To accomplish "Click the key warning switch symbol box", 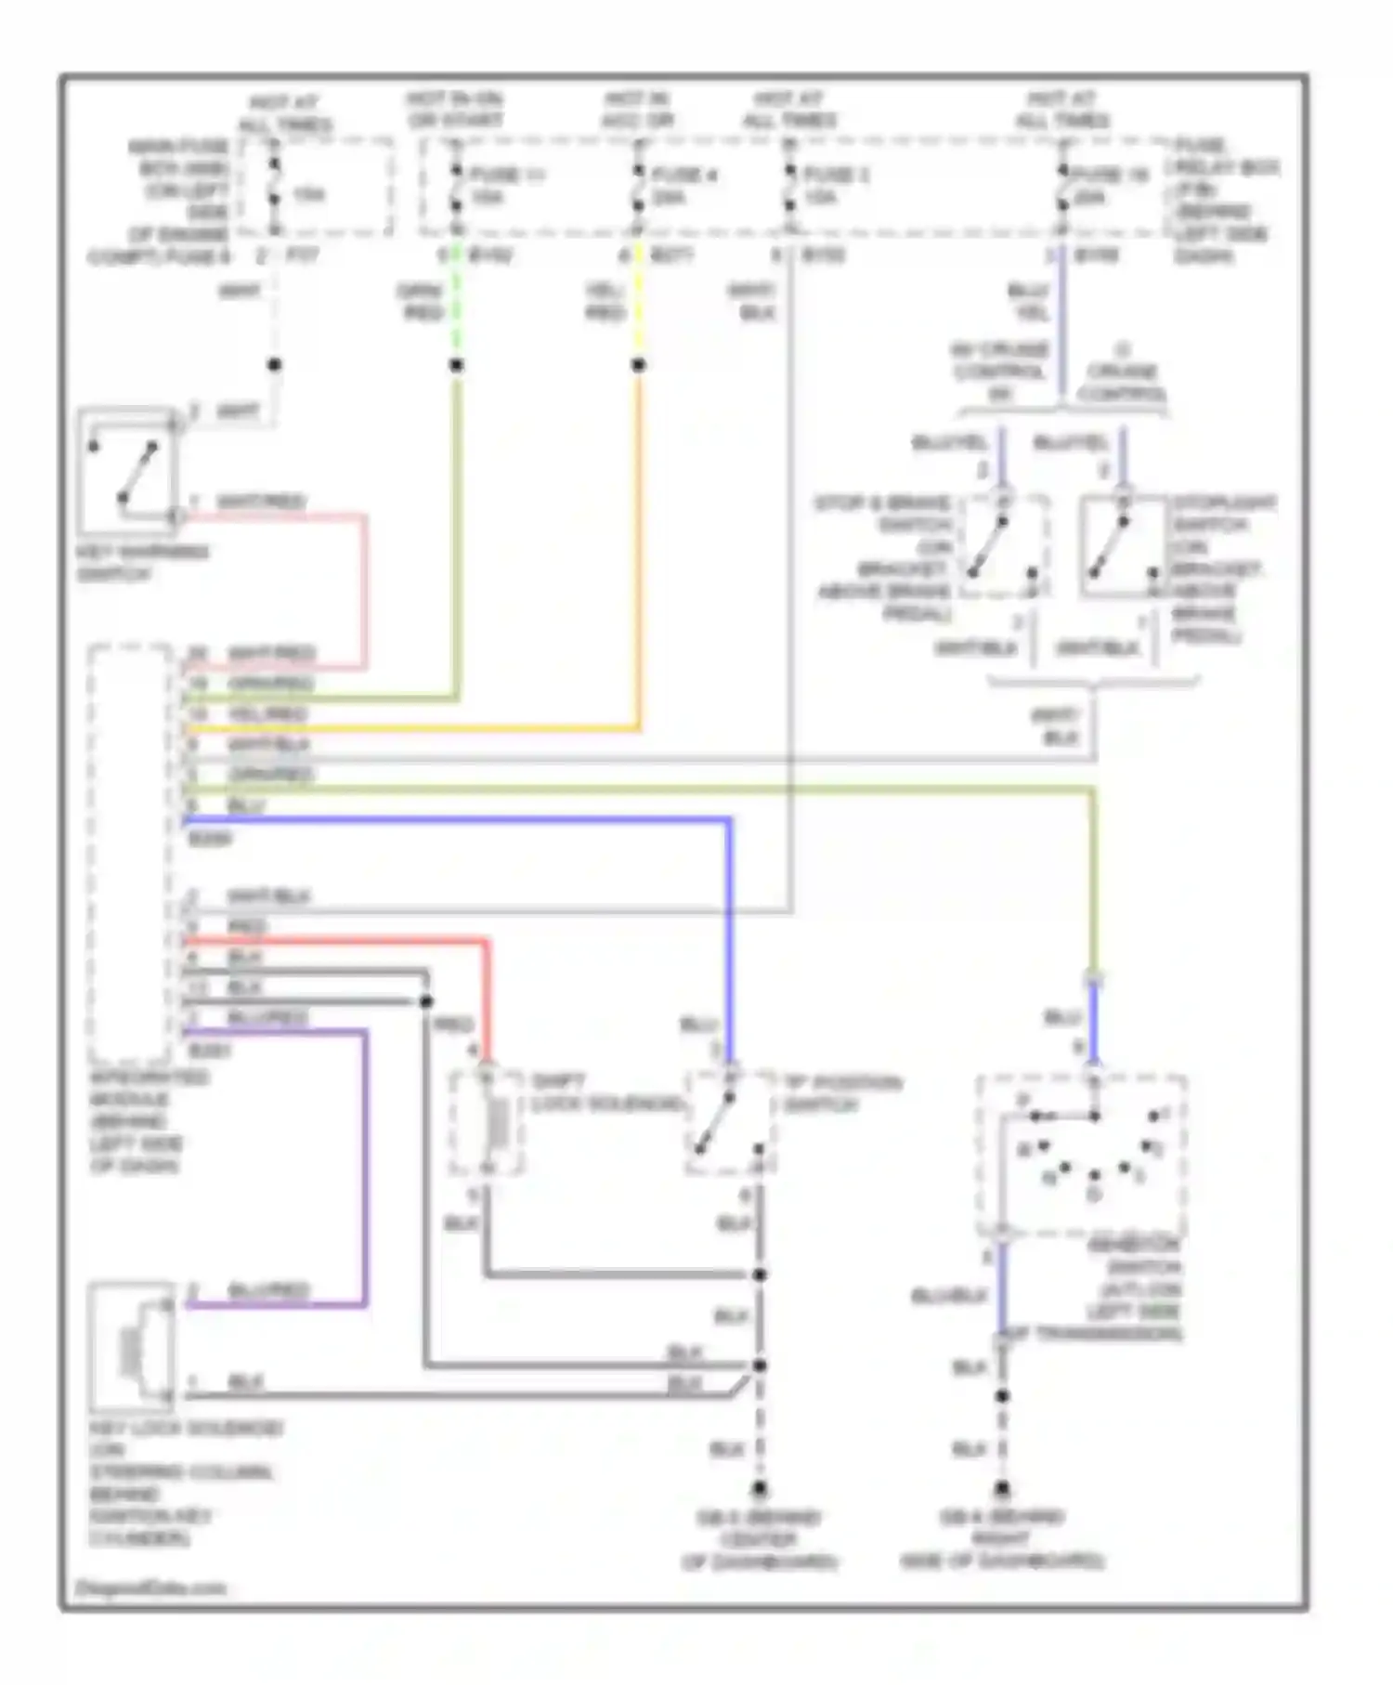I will coord(129,469).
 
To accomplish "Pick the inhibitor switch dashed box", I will coord(1082,1156).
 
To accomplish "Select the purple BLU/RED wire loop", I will coord(365,1170).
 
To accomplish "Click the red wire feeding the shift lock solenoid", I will coord(486,994).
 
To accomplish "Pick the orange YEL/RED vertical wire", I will coord(638,557).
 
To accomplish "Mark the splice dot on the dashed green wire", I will coord(456,365).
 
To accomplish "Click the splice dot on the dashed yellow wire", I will coord(638,365).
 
